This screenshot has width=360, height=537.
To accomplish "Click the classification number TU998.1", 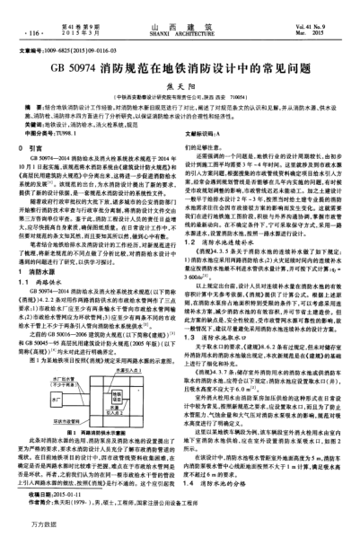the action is pyautogui.click(x=82, y=131).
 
